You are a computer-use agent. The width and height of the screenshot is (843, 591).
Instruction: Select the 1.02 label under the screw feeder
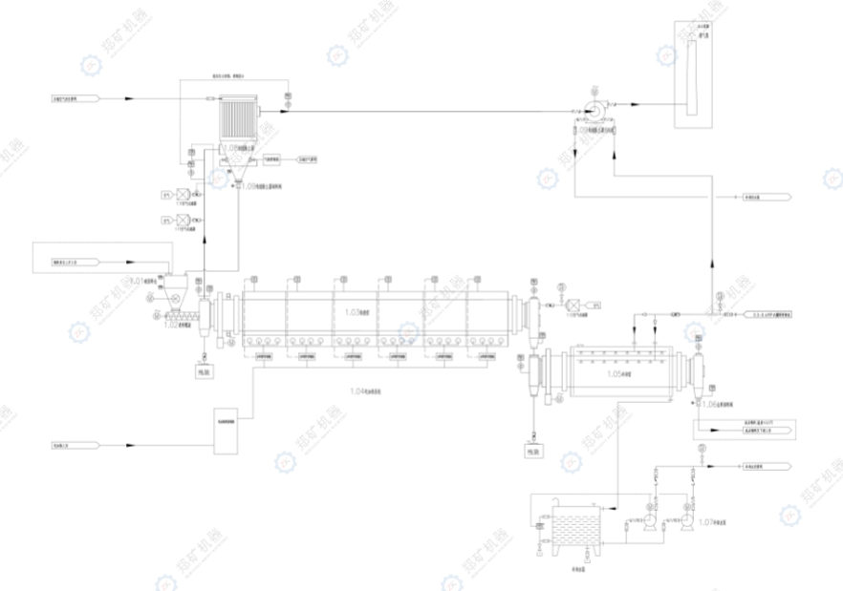click(177, 326)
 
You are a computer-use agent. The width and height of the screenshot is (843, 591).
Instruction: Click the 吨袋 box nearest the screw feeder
click(205, 372)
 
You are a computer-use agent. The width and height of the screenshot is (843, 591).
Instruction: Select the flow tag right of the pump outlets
click(762, 467)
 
